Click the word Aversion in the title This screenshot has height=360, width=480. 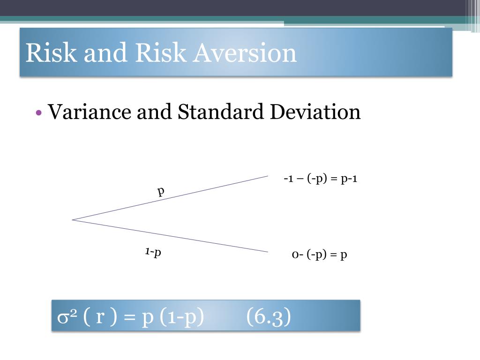(245, 52)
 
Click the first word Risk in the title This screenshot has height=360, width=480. (51, 52)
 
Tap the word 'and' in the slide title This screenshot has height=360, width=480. (105, 52)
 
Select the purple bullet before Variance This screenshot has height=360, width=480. (38, 112)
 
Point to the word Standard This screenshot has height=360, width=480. (220, 112)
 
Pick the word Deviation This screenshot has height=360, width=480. (315, 112)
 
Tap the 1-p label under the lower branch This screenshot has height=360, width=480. (153, 252)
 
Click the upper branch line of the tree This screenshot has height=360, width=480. (170, 198)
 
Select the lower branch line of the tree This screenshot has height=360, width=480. (170, 236)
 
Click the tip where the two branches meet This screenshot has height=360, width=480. (72, 220)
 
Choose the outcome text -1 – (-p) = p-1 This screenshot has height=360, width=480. (321, 178)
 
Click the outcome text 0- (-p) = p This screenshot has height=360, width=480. (320, 255)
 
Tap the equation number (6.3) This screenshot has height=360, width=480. (269, 316)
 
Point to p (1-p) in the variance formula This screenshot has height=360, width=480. (173, 317)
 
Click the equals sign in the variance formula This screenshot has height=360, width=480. (130, 317)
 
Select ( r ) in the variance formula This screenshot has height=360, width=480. (100, 316)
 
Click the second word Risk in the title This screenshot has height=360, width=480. (161, 52)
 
